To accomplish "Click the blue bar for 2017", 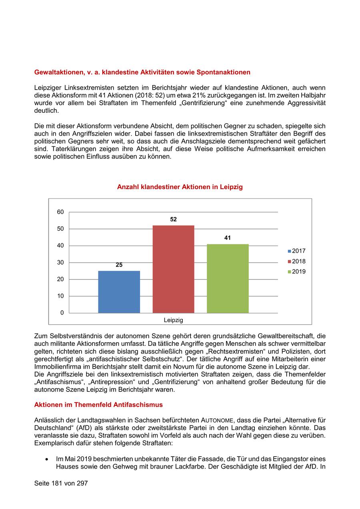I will (119, 291).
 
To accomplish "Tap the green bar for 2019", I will (228, 278).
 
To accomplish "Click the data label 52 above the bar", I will (173, 220).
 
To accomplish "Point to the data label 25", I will (119, 265).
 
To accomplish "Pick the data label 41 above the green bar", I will (228, 238).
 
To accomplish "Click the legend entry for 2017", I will (296, 251).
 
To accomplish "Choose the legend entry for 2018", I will (296, 261).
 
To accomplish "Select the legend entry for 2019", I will (296, 272).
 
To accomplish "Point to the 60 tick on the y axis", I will (60, 212).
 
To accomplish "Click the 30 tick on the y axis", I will (60, 262).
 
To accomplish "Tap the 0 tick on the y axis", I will (62, 313).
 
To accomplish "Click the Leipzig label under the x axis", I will (173, 320).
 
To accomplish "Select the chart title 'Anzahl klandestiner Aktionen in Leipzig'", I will (180, 187).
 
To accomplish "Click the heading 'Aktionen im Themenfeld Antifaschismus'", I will (98, 405).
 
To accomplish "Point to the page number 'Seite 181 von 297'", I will (61, 483).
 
